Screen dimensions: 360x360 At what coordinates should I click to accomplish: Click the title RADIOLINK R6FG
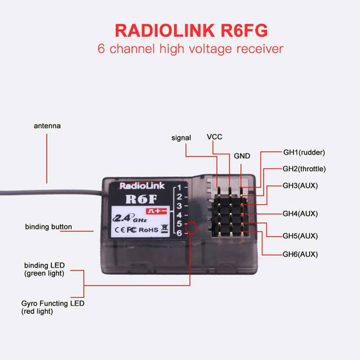coord(191,30)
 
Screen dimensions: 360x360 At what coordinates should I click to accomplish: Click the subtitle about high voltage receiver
coord(191,49)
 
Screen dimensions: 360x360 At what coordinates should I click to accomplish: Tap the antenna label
coord(47,126)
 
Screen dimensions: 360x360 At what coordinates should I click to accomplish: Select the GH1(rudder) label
coord(304,152)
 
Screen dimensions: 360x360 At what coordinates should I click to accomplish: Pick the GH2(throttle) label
coord(304,169)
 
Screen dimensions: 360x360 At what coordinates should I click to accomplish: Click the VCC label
coord(214,137)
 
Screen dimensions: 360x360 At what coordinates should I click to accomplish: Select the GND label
coord(242,156)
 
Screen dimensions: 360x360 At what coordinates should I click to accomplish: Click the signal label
coord(181,138)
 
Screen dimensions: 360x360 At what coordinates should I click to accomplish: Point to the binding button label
coord(48,227)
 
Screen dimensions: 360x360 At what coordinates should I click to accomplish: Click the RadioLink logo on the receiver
coord(142,185)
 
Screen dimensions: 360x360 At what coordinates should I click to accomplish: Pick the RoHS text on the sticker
coord(149,230)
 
